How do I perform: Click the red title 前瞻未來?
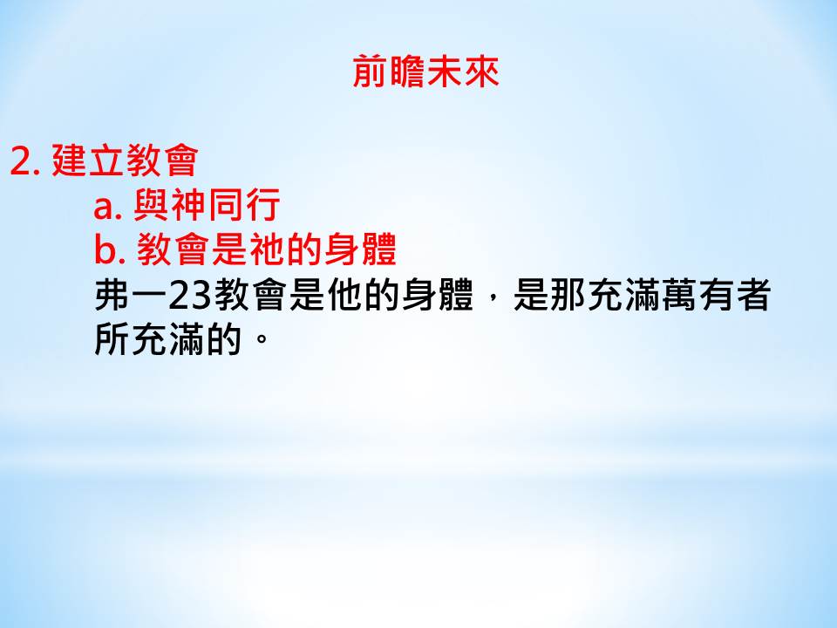tap(426, 71)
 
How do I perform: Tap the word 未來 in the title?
tap(463, 71)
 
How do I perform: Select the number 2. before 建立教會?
tap(25, 160)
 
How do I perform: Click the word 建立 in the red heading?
tap(88, 160)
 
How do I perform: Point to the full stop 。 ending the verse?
tap(262, 338)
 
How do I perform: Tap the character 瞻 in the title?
tap(408, 71)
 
